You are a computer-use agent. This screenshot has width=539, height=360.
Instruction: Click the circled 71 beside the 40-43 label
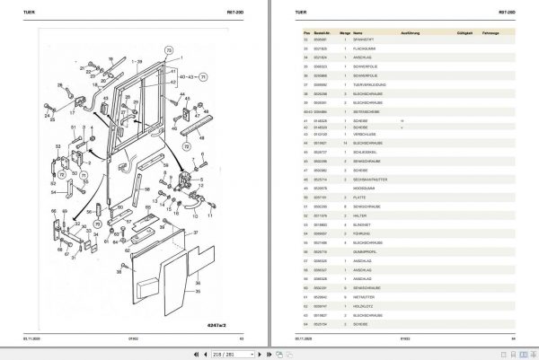203,79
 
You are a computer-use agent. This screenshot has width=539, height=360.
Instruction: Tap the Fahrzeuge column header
490,31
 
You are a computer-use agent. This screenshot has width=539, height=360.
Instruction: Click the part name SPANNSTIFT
366,41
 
